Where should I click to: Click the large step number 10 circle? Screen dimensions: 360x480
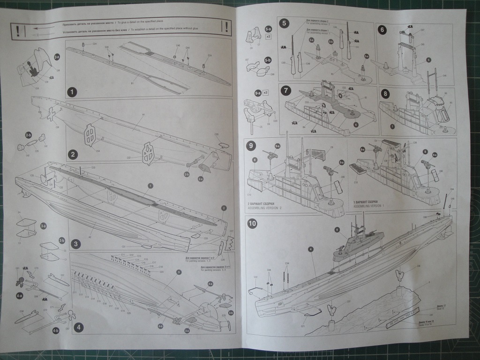click(252, 223)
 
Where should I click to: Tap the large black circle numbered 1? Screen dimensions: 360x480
click(72, 92)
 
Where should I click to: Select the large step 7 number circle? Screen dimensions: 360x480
click(285, 90)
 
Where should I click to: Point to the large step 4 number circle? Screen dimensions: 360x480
click(79, 328)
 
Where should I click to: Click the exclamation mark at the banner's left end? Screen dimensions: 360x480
click(17, 31)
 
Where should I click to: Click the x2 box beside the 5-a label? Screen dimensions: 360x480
click(269, 36)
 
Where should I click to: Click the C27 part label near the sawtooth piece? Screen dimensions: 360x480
click(231, 232)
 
